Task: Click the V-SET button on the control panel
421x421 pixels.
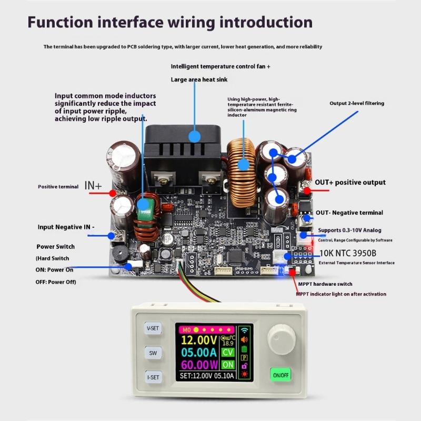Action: click(x=153, y=328)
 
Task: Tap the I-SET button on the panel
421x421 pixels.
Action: click(x=153, y=377)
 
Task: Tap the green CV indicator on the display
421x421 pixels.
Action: click(x=228, y=352)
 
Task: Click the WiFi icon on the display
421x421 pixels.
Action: click(x=244, y=330)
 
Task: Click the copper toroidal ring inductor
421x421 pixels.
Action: click(x=243, y=164)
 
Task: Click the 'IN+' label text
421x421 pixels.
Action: click(x=93, y=186)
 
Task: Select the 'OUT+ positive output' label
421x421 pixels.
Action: click(x=350, y=183)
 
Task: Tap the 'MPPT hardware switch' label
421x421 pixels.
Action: click(x=325, y=284)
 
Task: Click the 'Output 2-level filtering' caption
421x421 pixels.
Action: click(x=357, y=103)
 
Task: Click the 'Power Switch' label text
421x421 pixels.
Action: click(x=55, y=246)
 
